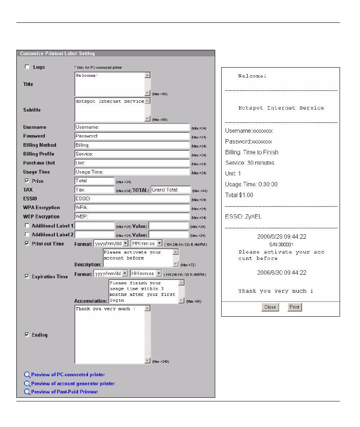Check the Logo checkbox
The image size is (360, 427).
coord(27,67)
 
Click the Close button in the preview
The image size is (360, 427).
coord(270,307)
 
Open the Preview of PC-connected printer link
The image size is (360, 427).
coord(68,375)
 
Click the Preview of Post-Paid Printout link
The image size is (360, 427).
coord(64,392)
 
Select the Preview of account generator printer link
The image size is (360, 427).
coord(73,383)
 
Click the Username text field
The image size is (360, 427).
coord(132,127)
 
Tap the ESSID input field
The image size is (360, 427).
coord(132,199)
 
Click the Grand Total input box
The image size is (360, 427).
coord(171,190)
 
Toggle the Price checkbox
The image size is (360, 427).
coord(27,181)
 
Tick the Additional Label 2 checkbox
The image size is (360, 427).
coord(27,234)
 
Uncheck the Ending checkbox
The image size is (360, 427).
coord(27,335)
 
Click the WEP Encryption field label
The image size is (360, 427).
coord(41,217)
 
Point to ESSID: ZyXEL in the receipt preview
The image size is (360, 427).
coord(243,217)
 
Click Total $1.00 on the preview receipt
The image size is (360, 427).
coord(239,195)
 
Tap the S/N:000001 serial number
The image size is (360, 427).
coord(281,244)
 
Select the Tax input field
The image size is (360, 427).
coord(94,190)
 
